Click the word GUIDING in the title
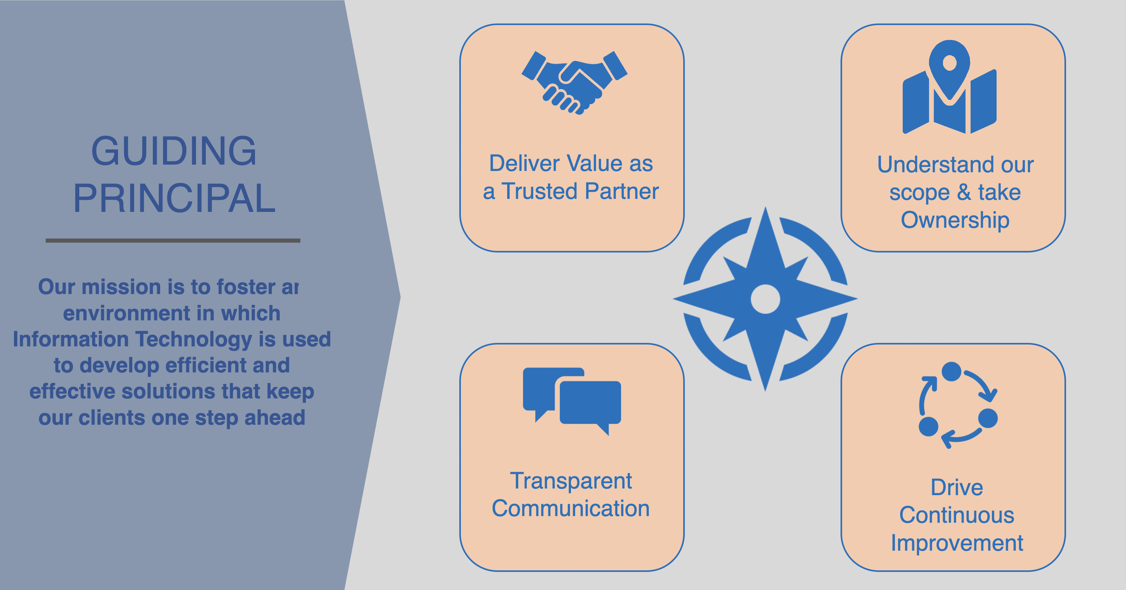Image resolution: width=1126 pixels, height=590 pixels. click(173, 151)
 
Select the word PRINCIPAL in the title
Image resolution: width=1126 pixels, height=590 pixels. click(174, 199)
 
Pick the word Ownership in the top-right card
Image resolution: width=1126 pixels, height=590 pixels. click(955, 220)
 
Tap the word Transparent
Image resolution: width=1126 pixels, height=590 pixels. click(571, 481)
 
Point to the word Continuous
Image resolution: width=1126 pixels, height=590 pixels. click(957, 515)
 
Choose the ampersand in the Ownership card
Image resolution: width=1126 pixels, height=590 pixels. click(963, 192)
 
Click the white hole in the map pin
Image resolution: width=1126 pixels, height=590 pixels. click(949, 62)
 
